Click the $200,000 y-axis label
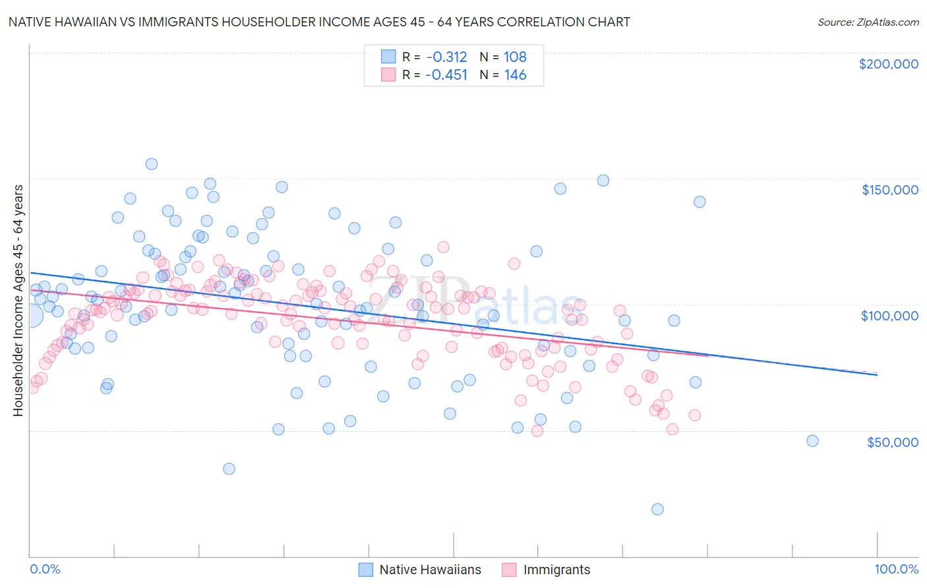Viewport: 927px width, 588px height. tap(888, 64)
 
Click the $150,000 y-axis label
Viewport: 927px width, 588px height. tap(889, 190)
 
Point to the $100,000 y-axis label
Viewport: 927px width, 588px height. tap(889, 316)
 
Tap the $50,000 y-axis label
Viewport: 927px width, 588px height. tap(892, 442)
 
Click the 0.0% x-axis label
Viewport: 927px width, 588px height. tap(45, 570)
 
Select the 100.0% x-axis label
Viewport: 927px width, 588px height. tap(896, 570)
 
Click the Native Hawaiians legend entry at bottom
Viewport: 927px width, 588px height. tap(430, 570)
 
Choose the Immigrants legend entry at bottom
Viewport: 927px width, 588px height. tap(556, 570)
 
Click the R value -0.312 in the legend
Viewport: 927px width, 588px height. tap(446, 57)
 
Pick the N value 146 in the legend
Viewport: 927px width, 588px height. tap(515, 75)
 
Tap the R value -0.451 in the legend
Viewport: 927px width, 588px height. tap(446, 75)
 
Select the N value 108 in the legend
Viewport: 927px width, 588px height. tap(515, 57)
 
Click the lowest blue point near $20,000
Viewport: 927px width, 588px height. tap(657, 509)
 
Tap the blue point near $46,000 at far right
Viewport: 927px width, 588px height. tap(812, 441)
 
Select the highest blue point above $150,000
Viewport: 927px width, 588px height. tap(152, 164)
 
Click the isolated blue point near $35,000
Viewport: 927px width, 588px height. tap(229, 469)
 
